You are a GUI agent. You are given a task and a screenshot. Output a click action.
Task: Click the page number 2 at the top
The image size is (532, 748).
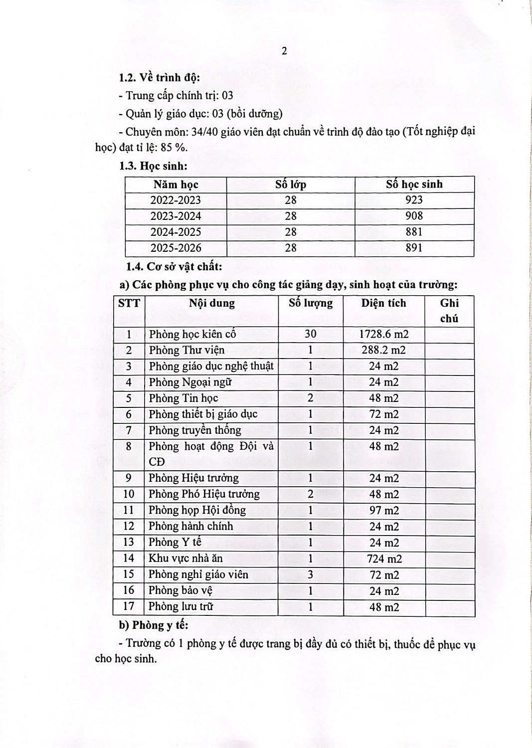pyautogui.click(x=284, y=51)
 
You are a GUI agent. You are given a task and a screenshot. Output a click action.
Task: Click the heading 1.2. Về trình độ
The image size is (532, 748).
pyautogui.click(x=159, y=78)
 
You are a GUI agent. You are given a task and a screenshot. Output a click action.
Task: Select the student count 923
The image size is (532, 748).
pyautogui.click(x=414, y=200)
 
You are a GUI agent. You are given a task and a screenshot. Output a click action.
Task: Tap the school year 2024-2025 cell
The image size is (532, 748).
pyautogui.click(x=176, y=232)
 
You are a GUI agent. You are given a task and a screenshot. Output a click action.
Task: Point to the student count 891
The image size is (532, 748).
pyautogui.click(x=414, y=248)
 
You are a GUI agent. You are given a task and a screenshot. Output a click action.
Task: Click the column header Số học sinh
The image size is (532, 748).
pyautogui.click(x=414, y=184)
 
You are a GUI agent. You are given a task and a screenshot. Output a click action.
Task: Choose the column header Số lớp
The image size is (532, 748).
pyautogui.click(x=291, y=185)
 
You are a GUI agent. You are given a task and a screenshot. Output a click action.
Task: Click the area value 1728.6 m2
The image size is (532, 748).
pyautogui.click(x=384, y=334)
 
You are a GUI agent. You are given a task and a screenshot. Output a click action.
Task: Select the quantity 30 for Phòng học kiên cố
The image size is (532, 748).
pyautogui.click(x=310, y=334)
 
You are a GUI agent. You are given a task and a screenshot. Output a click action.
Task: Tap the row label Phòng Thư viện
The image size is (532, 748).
pyautogui.click(x=186, y=350)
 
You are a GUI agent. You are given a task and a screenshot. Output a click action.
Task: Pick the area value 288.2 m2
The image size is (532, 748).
pyautogui.click(x=384, y=350)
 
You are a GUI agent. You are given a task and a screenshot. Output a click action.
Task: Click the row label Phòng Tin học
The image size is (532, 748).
pyautogui.click(x=183, y=398)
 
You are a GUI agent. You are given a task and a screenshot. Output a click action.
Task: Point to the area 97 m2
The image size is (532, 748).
pyautogui.click(x=384, y=510)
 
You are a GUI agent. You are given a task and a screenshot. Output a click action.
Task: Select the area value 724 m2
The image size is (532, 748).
pyautogui.click(x=384, y=559)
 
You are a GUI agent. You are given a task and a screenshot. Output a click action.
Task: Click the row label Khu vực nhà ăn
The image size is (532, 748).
pyautogui.click(x=185, y=558)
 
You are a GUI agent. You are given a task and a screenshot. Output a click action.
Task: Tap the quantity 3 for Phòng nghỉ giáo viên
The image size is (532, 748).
pyautogui.click(x=310, y=574)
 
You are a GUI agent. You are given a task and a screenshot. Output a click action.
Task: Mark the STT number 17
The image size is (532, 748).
pyautogui.click(x=129, y=606)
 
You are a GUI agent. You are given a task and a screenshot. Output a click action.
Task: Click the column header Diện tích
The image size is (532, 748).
pyautogui.click(x=383, y=303)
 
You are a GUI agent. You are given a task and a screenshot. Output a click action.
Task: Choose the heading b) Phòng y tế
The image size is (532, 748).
pyautogui.click(x=153, y=625)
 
